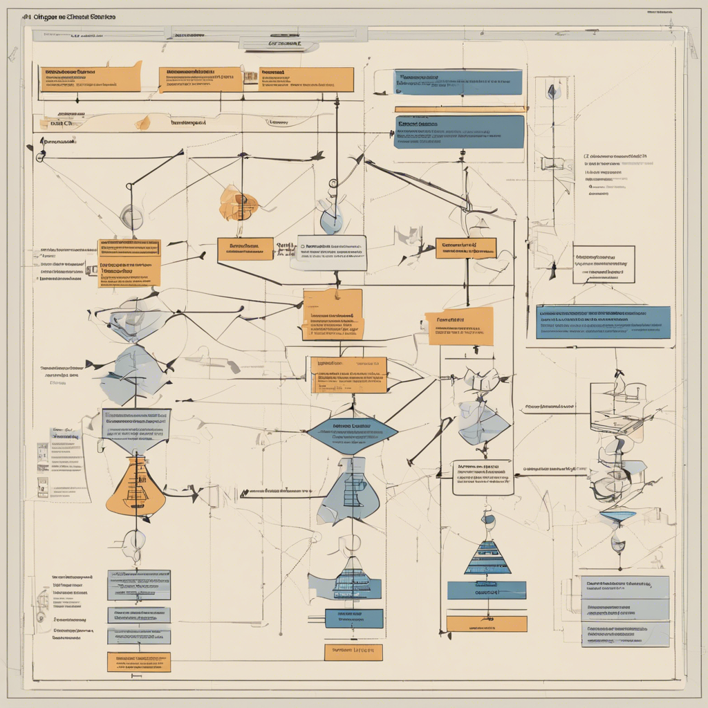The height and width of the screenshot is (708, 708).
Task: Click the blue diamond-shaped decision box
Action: (352, 433)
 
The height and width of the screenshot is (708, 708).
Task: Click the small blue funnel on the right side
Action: (617, 515)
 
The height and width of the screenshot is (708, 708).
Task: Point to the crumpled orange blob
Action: (238, 204)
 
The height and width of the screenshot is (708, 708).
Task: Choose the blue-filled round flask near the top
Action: (332, 219)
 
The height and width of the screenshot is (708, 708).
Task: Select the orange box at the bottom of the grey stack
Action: (138, 662)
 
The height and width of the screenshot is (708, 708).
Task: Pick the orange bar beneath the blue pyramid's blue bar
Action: (486, 624)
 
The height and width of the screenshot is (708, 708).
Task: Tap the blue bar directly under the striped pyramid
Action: (486, 590)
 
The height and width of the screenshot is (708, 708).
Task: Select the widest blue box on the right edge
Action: (603, 322)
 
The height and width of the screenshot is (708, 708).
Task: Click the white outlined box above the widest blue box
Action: (604, 263)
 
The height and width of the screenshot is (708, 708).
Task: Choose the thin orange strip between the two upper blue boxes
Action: (459, 109)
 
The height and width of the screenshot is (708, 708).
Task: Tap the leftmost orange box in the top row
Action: (90, 79)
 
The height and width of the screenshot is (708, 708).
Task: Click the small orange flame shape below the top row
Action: (143, 123)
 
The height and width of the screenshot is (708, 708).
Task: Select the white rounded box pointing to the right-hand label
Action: (483, 477)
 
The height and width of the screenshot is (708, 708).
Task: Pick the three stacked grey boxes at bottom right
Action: (625, 611)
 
